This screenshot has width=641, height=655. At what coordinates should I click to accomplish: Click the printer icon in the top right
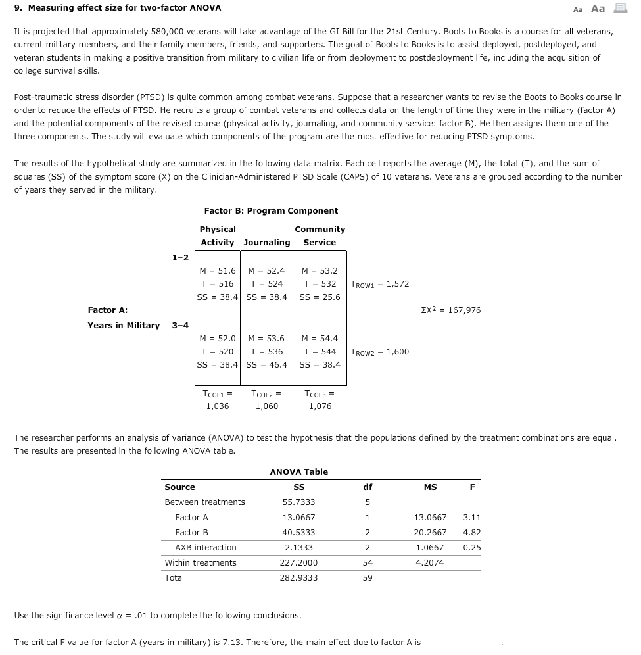point(620,8)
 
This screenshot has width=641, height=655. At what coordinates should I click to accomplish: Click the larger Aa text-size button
point(598,9)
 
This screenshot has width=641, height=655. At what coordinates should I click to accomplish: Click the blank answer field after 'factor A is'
point(460,643)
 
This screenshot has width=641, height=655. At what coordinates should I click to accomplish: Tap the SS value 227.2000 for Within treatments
point(300,563)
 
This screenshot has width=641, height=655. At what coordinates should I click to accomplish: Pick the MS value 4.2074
point(430,563)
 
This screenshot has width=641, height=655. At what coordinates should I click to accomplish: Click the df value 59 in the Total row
point(368,578)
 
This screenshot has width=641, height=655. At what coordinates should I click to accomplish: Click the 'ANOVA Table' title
point(298,472)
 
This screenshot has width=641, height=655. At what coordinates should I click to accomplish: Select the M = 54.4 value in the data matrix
point(320,339)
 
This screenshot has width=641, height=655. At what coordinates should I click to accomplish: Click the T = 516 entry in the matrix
point(218,284)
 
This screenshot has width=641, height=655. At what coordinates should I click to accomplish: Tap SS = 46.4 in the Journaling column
point(266,365)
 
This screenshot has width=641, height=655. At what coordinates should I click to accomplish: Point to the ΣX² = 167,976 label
point(450,310)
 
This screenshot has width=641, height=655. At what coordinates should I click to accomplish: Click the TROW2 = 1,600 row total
point(379,352)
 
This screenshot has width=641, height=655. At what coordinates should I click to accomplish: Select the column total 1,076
point(320,406)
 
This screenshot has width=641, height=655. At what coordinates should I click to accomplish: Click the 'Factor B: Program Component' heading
point(271,211)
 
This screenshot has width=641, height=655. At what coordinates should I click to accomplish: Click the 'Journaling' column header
point(266,243)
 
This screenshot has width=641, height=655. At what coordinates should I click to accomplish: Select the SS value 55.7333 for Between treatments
point(298,502)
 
